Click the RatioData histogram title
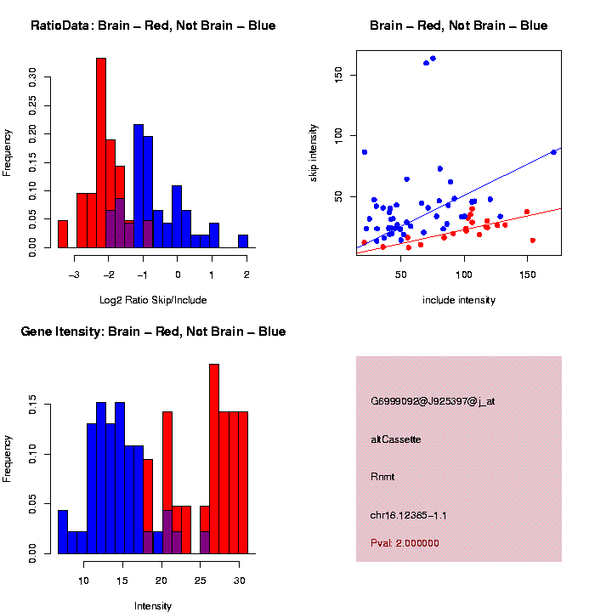tap(153, 25)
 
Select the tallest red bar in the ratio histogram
tap(101, 153)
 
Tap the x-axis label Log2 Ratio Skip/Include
tap(152, 299)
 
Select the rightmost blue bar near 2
tap(243, 241)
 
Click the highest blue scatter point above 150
tap(433, 59)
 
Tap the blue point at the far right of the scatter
tap(553, 152)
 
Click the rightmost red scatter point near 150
tap(533, 241)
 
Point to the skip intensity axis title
tap(314, 152)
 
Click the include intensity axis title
tap(459, 300)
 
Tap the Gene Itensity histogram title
tap(153, 331)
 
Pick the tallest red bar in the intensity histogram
tap(214, 459)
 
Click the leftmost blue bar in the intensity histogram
tap(62, 531)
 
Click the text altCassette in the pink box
tap(396, 439)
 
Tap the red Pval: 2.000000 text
tap(405, 542)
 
